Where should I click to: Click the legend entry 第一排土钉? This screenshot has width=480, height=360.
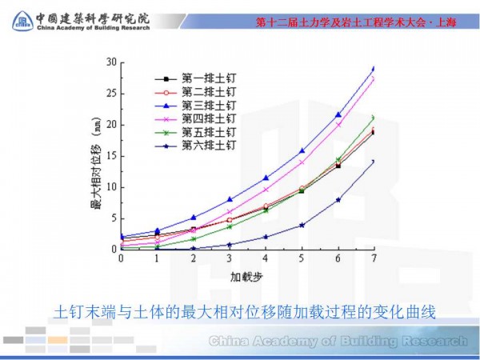point(196,78)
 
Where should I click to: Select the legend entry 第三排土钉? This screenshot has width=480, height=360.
point(196,105)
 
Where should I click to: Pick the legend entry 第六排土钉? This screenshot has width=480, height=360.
point(196,145)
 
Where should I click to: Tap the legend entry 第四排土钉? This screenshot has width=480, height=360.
point(196,118)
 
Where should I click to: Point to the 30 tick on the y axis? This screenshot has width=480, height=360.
point(112,62)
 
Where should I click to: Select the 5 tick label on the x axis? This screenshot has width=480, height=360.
point(302,258)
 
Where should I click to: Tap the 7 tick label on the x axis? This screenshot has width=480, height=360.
point(374,258)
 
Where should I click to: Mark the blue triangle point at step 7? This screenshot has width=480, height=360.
point(374,69)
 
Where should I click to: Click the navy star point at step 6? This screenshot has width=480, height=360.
point(338,200)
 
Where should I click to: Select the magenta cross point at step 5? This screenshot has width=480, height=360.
point(302,162)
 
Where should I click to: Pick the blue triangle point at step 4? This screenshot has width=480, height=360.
point(266,178)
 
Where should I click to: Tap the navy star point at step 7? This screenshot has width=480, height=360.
point(374,162)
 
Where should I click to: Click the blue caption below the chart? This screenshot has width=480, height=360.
point(244,311)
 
